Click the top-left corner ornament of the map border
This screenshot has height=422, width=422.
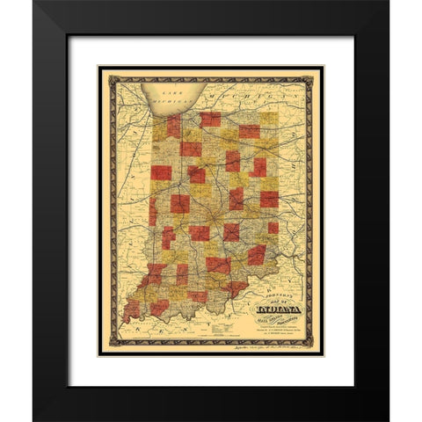(104, 70)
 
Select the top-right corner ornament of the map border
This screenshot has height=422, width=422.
(317, 70)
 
